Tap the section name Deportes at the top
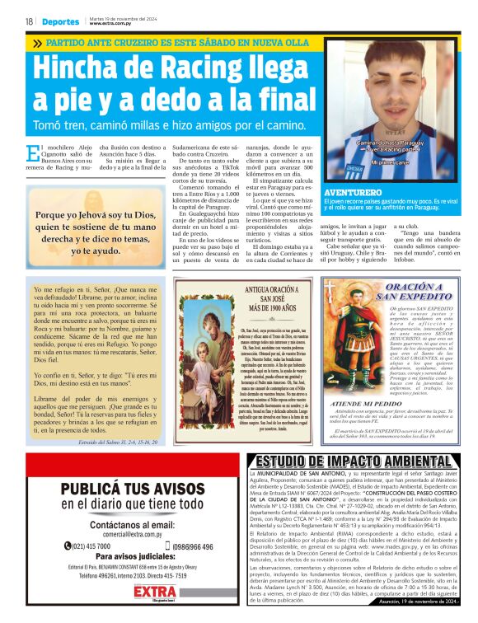(61, 22)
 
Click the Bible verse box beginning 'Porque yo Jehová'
(93, 232)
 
